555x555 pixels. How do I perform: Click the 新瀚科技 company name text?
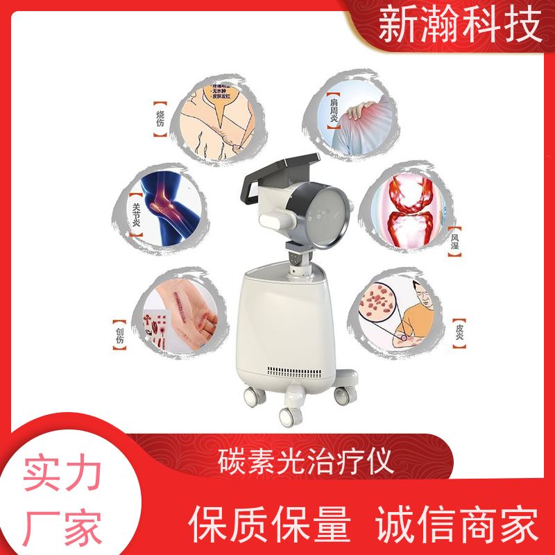(460, 27)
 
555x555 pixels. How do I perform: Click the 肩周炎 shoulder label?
(333, 111)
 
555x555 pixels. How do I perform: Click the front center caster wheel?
(288, 416)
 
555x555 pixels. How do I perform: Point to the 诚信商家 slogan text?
(457, 524)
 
